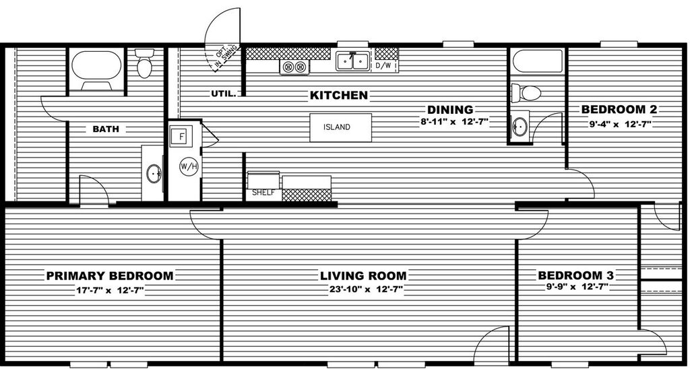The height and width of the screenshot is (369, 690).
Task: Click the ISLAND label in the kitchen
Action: coord(337,127)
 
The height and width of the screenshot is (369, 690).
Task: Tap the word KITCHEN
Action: coord(339,95)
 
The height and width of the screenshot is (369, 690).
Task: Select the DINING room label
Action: coord(450,110)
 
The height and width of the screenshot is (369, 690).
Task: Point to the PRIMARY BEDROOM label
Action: coord(110,276)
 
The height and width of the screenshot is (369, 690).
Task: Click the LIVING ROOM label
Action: coord(363,276)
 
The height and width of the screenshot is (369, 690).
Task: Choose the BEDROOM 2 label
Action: coord(619,110)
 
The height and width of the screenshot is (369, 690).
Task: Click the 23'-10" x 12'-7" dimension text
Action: coord(367,290)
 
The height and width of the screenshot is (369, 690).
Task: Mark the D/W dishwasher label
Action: coord(383,66)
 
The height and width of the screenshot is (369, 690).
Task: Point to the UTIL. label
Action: coord(224,93)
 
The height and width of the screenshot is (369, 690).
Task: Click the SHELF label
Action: coord(263,193)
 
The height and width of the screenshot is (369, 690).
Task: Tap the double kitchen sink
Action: coord(352,61)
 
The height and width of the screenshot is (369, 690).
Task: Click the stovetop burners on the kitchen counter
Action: coord(294,67)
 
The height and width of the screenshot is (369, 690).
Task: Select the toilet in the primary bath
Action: coord(144,63)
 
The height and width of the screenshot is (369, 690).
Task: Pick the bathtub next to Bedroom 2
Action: coord(537,61)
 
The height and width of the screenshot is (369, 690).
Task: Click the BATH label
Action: coord(106,129)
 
